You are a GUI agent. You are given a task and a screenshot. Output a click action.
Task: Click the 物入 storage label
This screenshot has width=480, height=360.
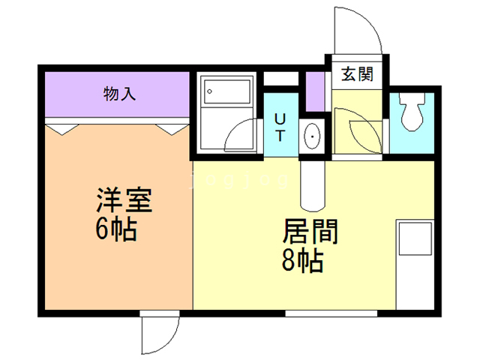[x=119, y=94]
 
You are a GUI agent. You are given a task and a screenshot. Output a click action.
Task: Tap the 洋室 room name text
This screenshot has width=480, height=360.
[x=124, y=203]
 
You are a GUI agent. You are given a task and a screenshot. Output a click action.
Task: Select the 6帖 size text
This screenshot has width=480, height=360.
[x=115, y=230]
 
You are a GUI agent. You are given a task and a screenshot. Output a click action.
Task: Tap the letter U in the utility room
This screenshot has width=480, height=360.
[x=278, y=118]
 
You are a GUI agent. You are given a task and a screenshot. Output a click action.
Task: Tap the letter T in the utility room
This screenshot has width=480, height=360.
[x=279, y=136]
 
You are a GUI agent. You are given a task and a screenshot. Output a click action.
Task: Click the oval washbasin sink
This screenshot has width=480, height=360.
[x=311, y=136]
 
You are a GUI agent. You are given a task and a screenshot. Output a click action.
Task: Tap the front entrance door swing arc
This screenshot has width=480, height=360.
[x=358, y=30]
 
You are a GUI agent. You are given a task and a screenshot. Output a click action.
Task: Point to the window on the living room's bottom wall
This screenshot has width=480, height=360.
[x=315, y=311]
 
